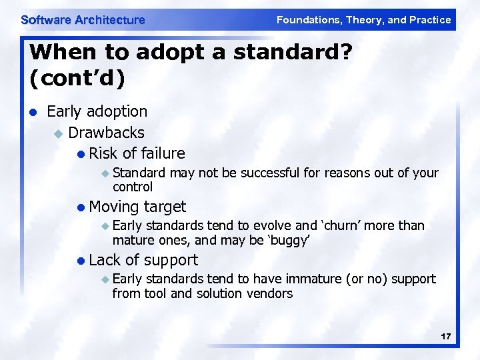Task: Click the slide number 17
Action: point(445,337)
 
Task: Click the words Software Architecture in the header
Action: point(83,20)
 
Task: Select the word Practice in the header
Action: point(430,20)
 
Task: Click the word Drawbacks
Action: point(106,133)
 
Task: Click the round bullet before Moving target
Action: point(81,207)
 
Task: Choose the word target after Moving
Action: point(165,207)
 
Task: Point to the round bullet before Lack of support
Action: point(81,261)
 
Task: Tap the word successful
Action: point(270,173)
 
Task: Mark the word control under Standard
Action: point(133,187)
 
